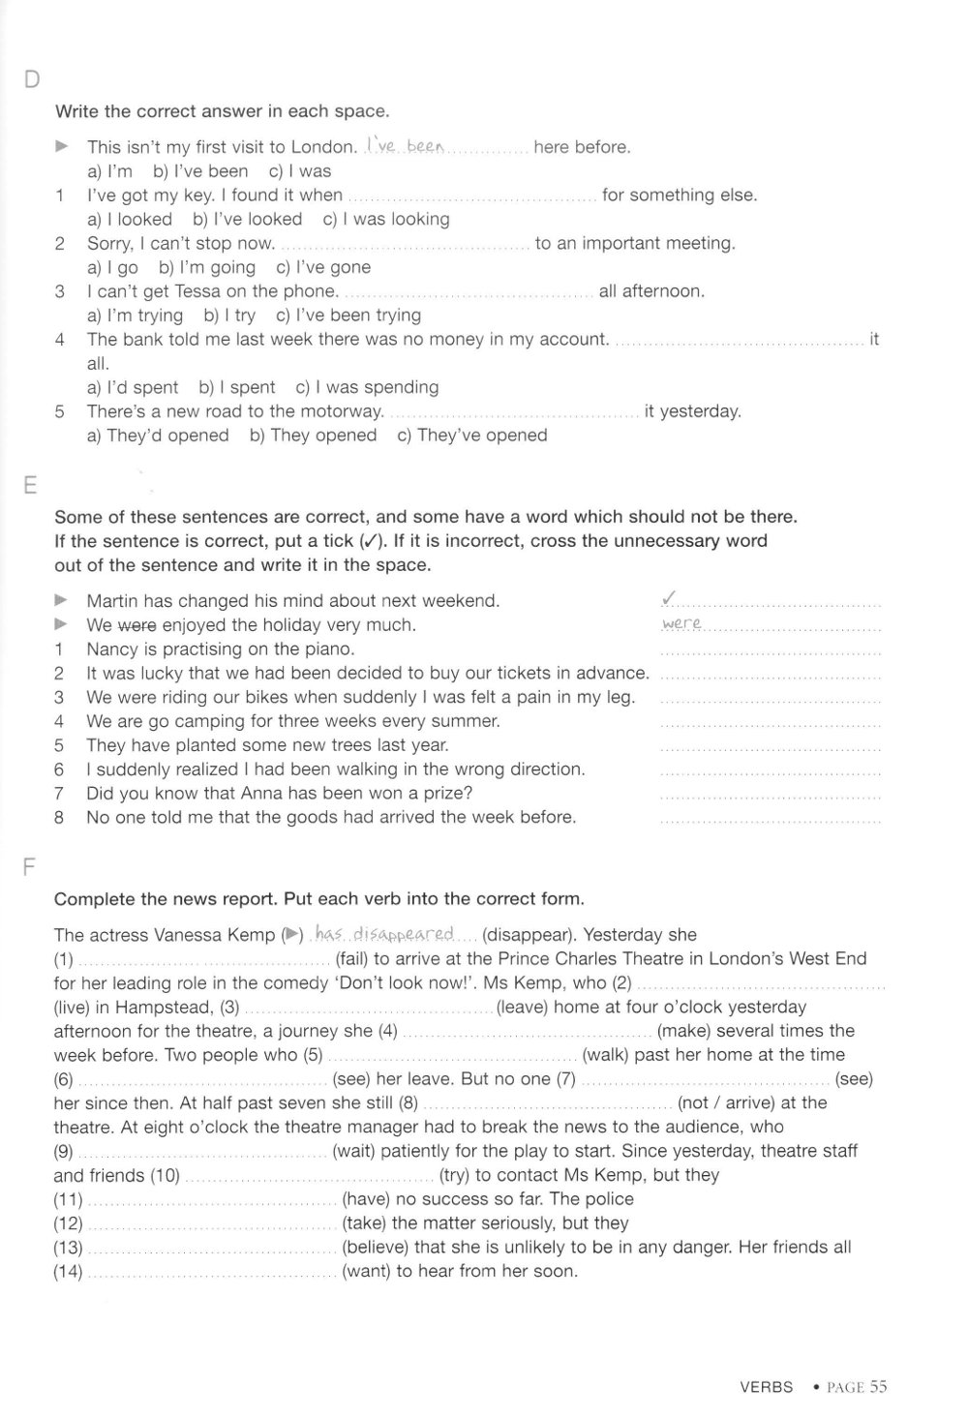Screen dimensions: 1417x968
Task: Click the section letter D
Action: pyautogui.click(x=31, y=79)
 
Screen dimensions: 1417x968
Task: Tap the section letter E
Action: pyautogui.click(x=30, y=484)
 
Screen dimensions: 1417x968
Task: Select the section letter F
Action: pyautogui.click(x=29, y=866)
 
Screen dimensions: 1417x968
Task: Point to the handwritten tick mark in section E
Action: pyautogui.click(x=669, y=599)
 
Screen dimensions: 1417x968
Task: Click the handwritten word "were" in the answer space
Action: pyautogui.click(x=681, y=624)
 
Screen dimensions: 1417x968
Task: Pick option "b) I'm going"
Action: pyautogui.click(x=207, y=267)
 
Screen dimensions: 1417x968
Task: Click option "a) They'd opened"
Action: pyautogui.click(x=158, y=436)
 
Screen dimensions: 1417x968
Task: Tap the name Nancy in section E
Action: pyautogui.click(x=112, y=649)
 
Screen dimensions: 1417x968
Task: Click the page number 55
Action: pyautogui.click(x=877, y=1387)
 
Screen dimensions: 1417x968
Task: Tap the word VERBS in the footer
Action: pyautogui.click(x=766, y=1387)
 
